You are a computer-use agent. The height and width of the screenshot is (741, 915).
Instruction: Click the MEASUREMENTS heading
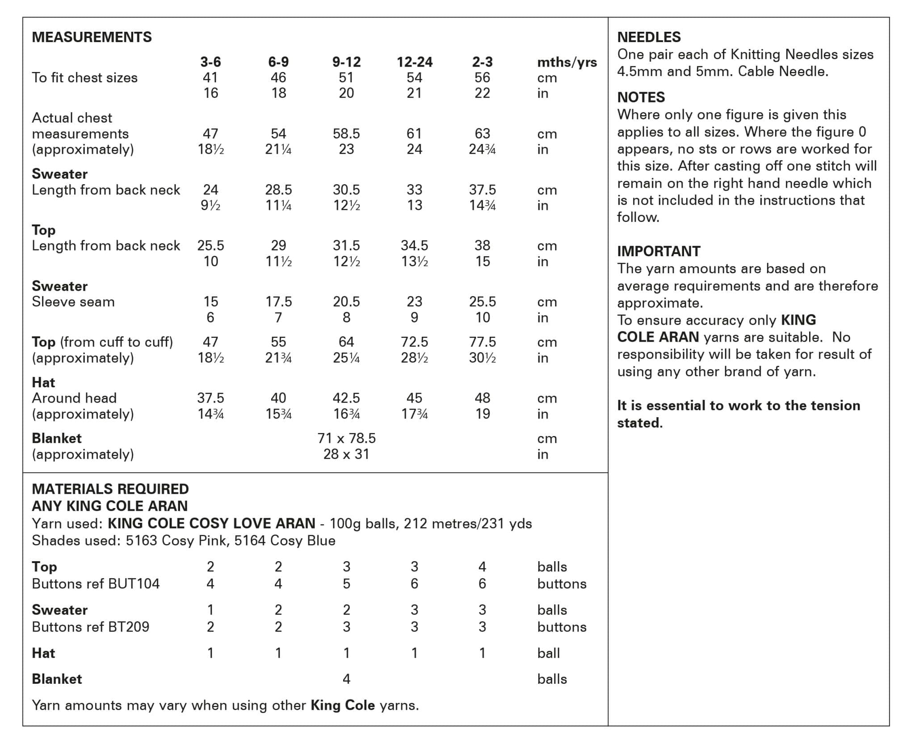pos(92,37)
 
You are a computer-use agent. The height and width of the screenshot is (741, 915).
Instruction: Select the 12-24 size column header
pos(414,62)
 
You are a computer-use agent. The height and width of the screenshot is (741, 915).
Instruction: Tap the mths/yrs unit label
pos(567,62)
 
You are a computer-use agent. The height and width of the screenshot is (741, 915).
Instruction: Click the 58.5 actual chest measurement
pos(346,133)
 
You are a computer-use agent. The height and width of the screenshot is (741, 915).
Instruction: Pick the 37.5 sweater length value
pos(482,190)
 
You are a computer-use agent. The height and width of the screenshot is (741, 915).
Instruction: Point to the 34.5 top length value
pos(414,246)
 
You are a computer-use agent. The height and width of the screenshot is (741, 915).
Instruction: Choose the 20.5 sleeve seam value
pos(346,301)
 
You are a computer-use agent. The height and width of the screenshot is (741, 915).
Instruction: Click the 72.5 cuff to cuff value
pos(414,342)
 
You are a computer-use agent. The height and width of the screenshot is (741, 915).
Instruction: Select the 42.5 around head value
pos(346,398)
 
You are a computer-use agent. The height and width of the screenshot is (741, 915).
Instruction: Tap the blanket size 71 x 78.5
pos(346,438)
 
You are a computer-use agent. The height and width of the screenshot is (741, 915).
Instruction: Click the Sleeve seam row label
pos(73,302)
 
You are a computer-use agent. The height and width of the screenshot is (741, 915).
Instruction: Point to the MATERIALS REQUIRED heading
pos(110,489)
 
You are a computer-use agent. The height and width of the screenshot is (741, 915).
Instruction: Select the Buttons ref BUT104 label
pos(96,584)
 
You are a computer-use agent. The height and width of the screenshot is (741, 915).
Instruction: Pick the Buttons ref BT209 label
pos(90,627)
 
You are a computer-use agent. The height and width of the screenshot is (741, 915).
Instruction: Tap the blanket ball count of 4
pos(346,679)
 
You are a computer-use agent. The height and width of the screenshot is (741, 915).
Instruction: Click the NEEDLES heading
pos(649,37)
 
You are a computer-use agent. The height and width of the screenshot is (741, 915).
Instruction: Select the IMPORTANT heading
pos(659,251)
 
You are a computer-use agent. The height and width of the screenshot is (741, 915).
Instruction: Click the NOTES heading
pos(641,97)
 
